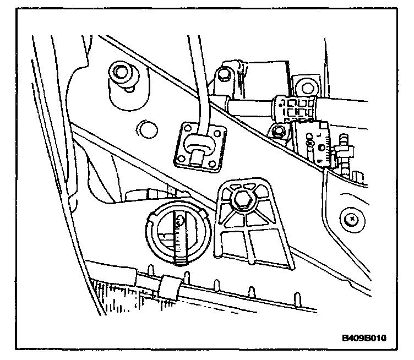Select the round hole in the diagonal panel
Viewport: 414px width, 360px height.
click(x=146, y=130)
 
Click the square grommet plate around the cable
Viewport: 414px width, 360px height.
click(x=199, y=145)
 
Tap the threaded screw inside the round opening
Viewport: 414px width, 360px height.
click(x=179, y=237)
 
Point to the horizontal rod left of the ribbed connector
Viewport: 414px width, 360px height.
click(x=250, y=106)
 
